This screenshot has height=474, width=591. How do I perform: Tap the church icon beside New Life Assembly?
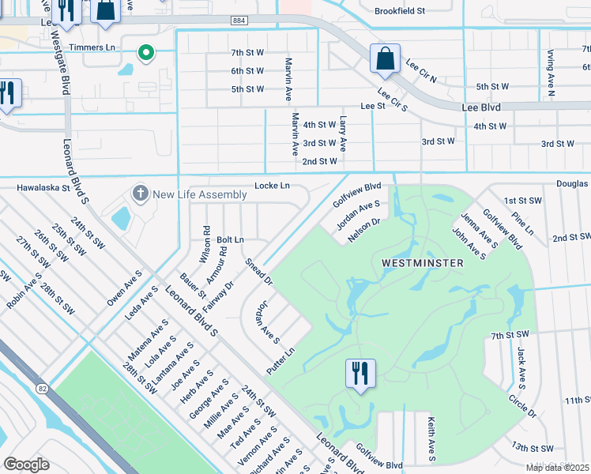(141, 194)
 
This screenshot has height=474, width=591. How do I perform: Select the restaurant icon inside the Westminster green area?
(360, 374)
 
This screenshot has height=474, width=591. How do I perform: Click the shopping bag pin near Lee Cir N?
(384, 58)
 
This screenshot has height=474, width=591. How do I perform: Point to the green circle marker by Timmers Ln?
(145, 53)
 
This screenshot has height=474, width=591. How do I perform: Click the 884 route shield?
(239, 20)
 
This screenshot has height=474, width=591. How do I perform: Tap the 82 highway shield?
(42, 388)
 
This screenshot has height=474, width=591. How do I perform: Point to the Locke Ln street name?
(272, 186)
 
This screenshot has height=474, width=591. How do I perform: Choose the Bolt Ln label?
(230, 239)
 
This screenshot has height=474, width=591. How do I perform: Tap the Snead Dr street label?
(258, 271)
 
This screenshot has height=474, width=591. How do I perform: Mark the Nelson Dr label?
(364, 227)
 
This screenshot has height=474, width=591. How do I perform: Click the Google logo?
(26, 465)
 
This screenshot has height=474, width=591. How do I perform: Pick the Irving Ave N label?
(551, 73)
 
